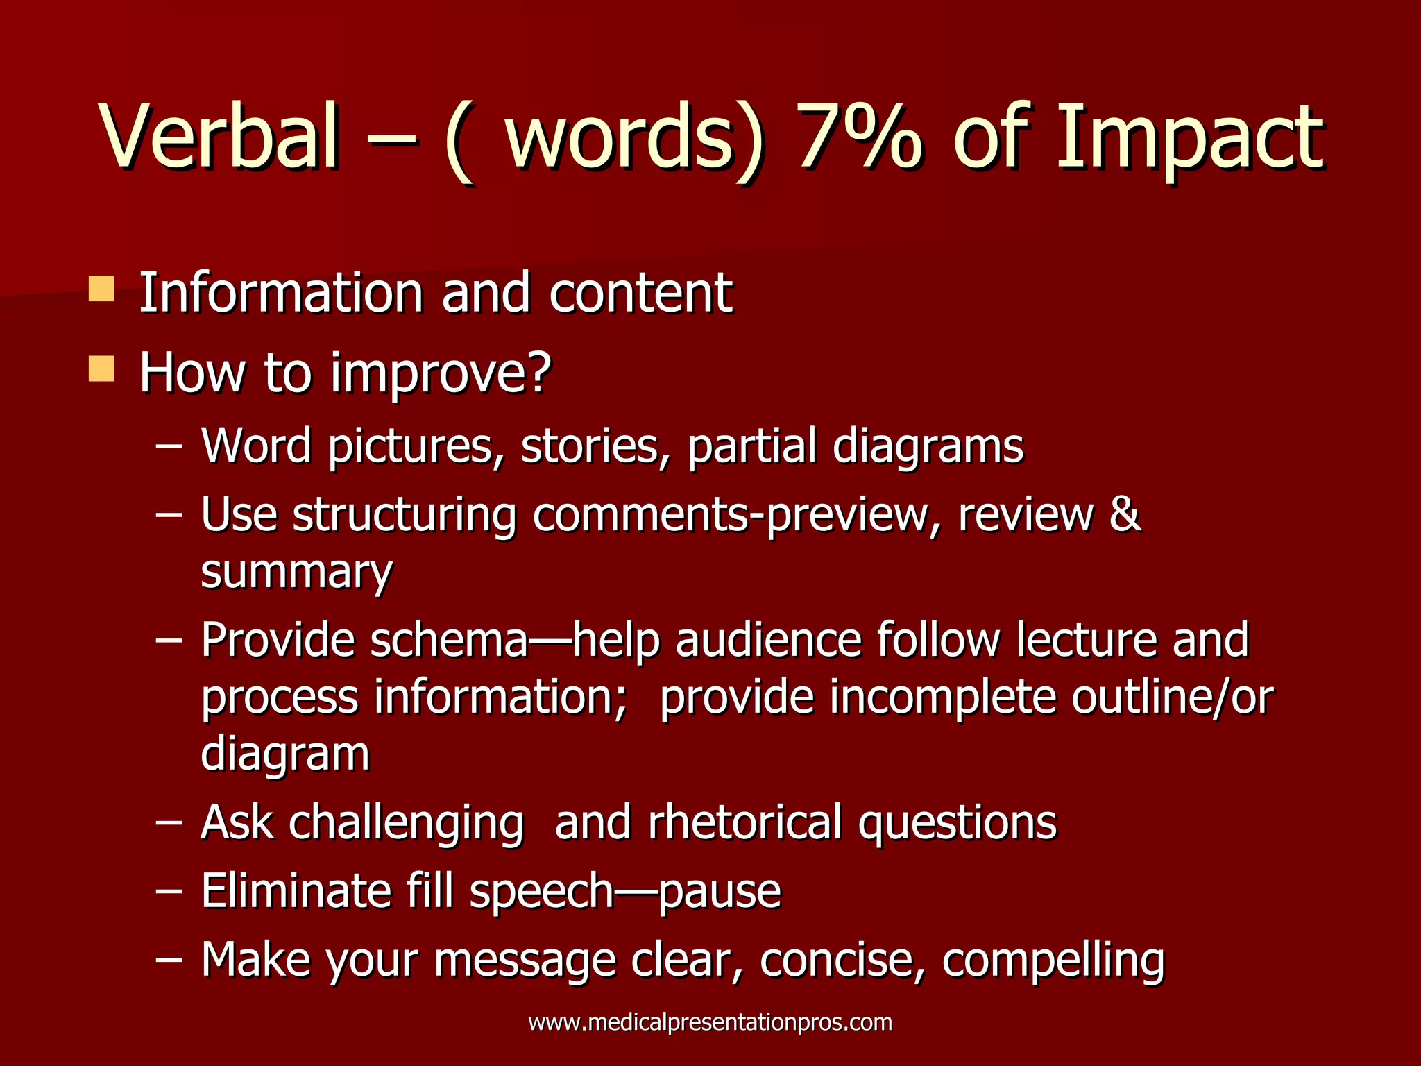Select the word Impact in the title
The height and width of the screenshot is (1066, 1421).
click(x=1189, y=139)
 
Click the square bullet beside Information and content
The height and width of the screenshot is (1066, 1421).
click(x=101, y=289)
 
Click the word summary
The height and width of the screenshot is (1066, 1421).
click(x=296, y=573)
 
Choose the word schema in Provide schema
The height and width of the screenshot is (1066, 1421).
click(x=449, y=640)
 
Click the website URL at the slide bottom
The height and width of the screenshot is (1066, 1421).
click(x=710, y=1022)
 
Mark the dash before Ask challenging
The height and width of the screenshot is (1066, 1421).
click(x=169, y=822)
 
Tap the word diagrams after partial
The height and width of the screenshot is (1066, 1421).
click(x=928, y=447)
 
